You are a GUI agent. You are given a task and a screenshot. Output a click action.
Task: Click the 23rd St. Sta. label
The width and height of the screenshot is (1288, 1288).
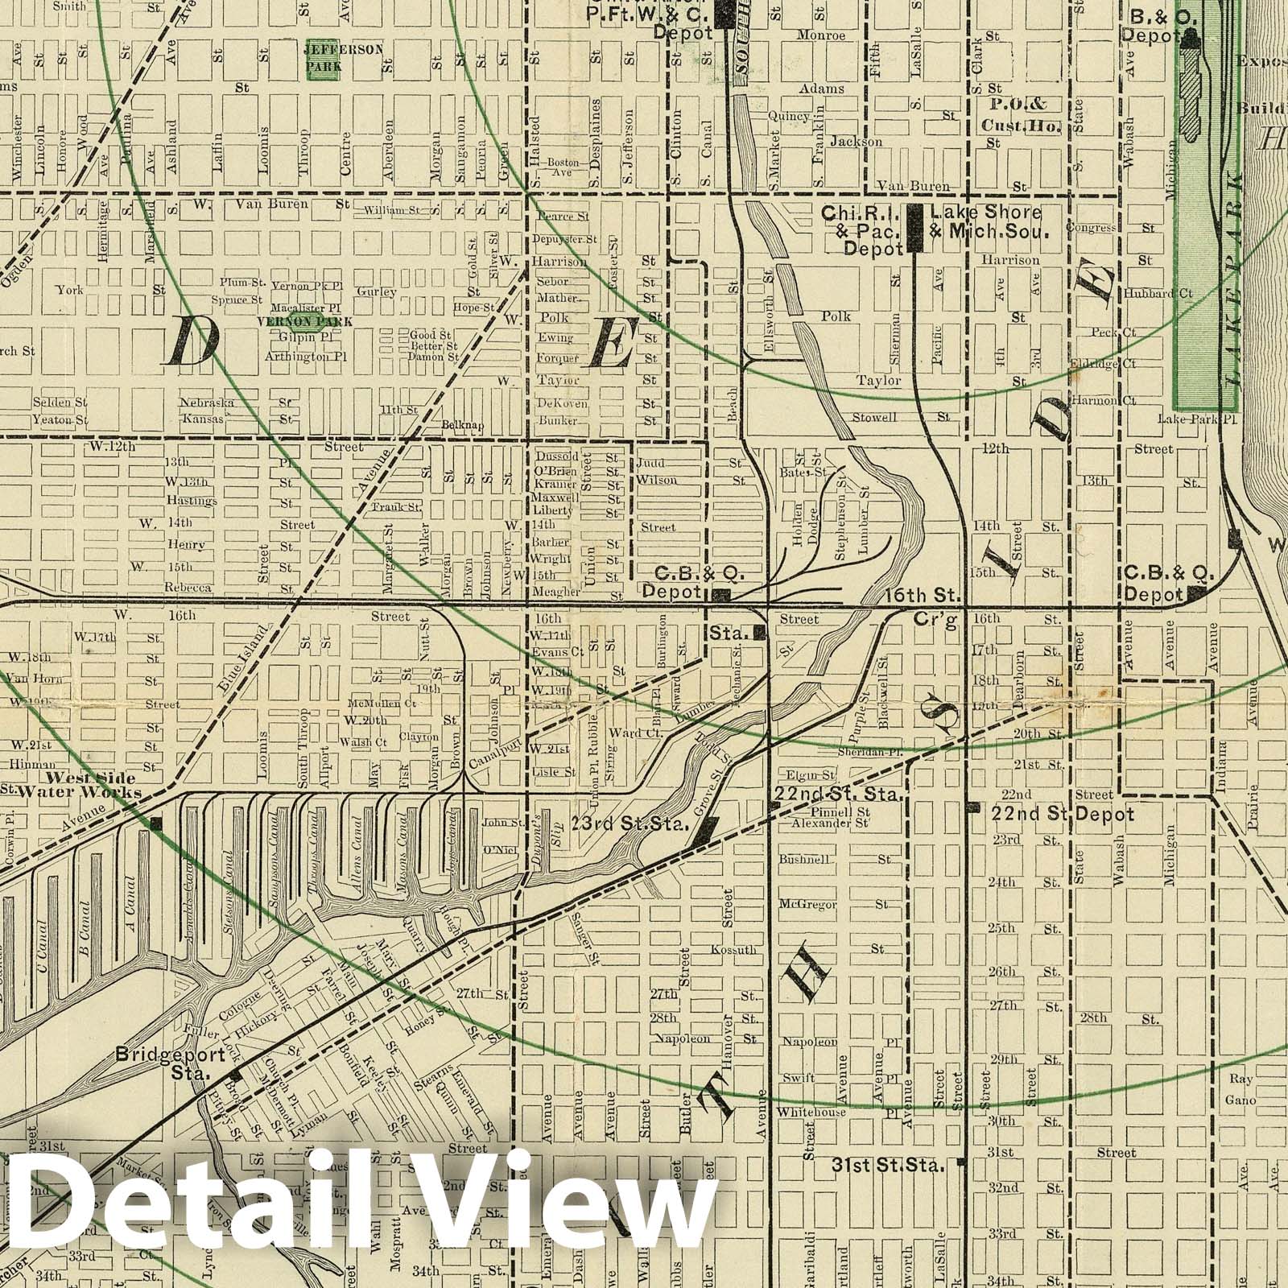pos(629,824)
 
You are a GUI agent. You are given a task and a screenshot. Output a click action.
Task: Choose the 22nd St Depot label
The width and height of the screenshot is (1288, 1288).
pos(1062,815)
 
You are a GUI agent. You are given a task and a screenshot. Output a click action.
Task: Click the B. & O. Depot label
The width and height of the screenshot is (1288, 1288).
pos(1155,26)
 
